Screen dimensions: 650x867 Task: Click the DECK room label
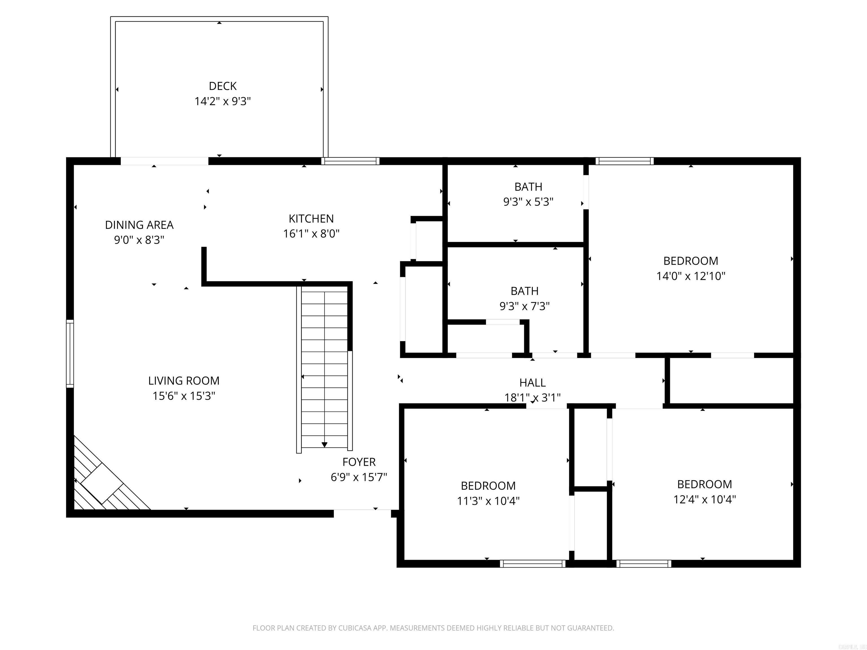coord(223,86)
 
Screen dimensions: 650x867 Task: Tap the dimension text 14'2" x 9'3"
coord(223,101)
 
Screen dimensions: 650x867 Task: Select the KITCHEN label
coord(311,218)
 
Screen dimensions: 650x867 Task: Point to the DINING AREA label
coord(139,225)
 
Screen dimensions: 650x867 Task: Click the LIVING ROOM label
coord(184,381)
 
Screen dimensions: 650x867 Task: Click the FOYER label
coord(359,462)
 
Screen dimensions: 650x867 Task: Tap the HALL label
coord(532,382)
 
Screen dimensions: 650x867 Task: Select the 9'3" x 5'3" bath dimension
coord(528,202)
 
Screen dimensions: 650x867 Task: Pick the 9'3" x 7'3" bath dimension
coord(524,306)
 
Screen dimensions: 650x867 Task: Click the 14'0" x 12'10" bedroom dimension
coord(691,276)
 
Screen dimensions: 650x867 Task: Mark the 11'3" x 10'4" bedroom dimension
coord(488,501)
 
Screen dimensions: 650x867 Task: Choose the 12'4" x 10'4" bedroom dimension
coord(704,499)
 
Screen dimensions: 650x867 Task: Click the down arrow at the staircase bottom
coord(325,444)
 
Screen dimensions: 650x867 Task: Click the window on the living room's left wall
coord(70,353)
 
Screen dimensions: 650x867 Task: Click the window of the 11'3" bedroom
coord(533,564)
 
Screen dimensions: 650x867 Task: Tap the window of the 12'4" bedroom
coord(643,564)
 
